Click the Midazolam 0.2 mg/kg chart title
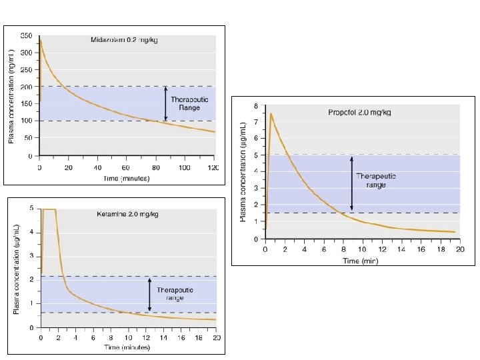point(125,40)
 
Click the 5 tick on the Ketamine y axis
point(33,209)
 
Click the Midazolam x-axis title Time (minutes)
point(127,178)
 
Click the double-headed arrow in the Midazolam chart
point(165,103)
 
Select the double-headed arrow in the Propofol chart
point(352,184)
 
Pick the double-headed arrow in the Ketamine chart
point(149,294)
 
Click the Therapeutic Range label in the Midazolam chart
point(189,103)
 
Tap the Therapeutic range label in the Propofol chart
point(376,180)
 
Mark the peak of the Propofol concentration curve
point(271,113)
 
